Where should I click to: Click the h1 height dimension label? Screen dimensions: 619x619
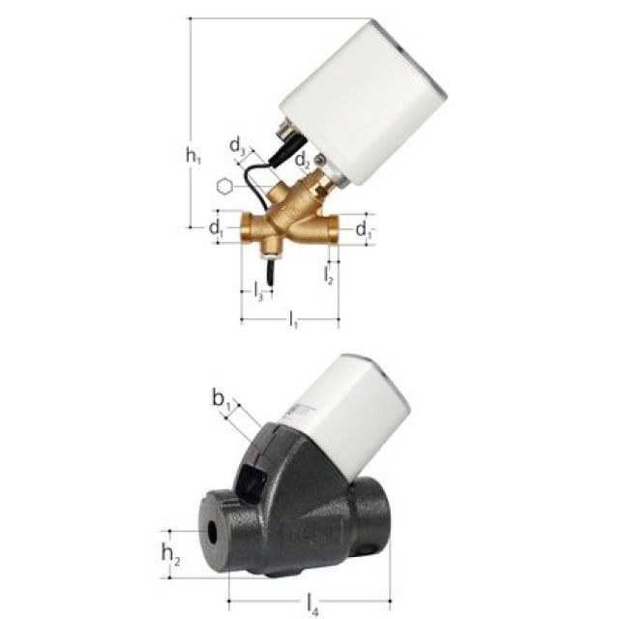point(193,155)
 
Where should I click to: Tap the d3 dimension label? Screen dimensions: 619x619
point(237,146)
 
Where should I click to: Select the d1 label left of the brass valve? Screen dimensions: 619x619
point(215,228)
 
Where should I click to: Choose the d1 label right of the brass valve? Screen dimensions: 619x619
point(364,229)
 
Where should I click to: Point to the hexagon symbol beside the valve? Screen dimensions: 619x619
point(224,187)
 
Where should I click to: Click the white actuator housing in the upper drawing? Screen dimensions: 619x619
point(363,106)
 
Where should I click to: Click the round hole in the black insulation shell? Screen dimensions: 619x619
point(208,531)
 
